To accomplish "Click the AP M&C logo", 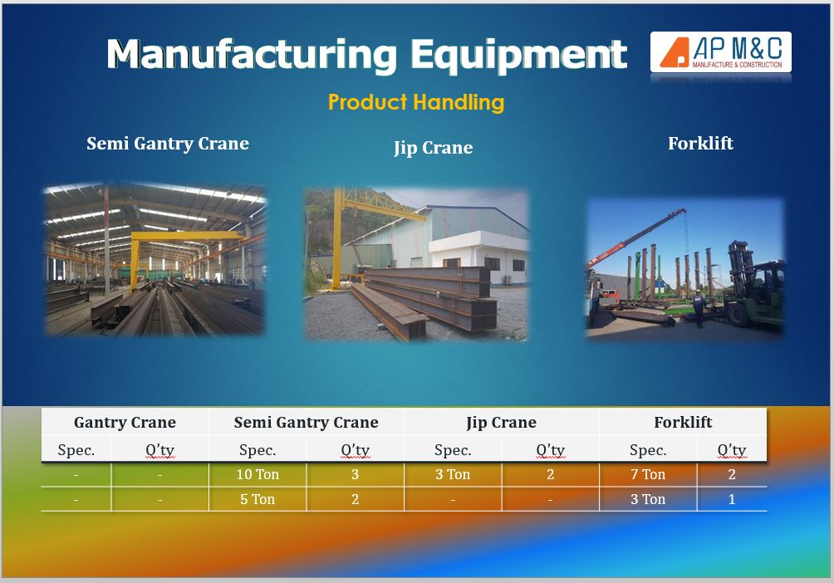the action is click(x=721, y=52).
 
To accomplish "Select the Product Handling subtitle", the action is click(x=416, y=101).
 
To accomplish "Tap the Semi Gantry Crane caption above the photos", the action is click(x=168, y=143).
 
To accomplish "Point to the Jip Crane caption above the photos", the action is click(x=433, y=147).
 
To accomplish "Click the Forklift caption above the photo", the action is click(x=700, y=143).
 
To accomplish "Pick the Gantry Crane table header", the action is click(x=125, y=423).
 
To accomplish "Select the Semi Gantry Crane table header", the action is click(x=307, y=423).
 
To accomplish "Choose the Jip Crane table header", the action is click(x=501, y=423).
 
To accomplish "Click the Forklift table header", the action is click(x=683, y=423).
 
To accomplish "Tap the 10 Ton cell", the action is click(x=258, y=474).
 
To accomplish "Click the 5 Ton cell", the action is click(x=258, y=499).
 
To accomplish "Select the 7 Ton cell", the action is click(x=648, y=474).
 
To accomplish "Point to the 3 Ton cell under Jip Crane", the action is click(x=453, y=474).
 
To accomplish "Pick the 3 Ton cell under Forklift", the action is click(x=648, y=499).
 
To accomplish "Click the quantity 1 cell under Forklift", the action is click(x=732, y=499).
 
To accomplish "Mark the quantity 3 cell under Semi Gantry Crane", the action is click(x=355, y=474).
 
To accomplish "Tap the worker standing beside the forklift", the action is click(x=699, y=308).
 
